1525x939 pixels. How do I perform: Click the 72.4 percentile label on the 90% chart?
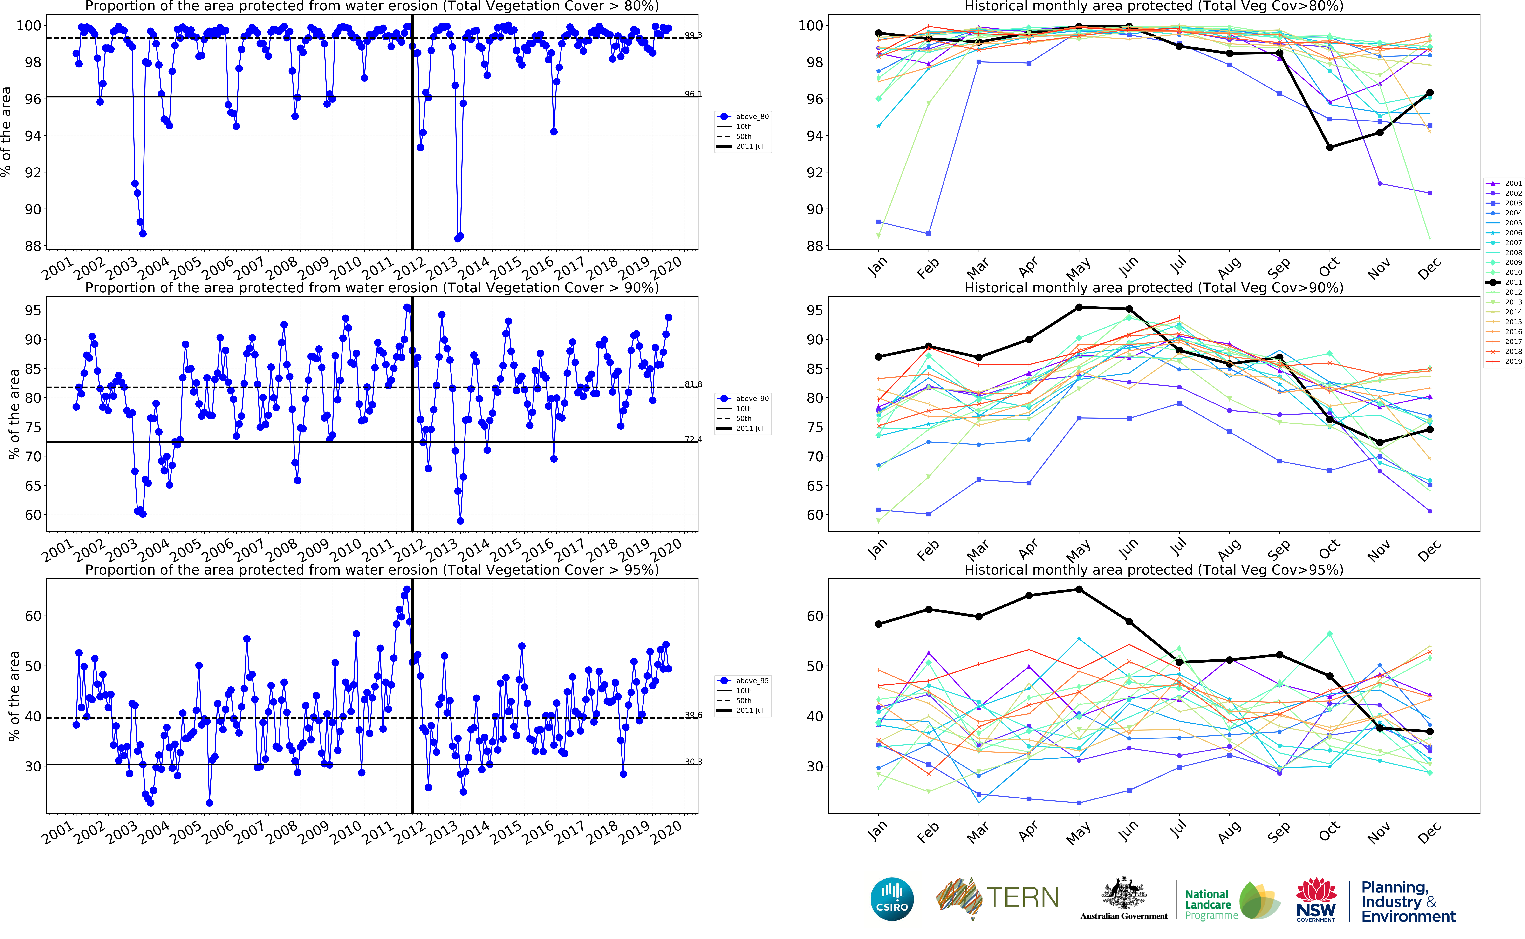tap(693, 439)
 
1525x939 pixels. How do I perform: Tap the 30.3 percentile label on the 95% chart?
tap(693, 761)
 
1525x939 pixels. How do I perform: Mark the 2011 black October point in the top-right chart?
tap(1329, 147)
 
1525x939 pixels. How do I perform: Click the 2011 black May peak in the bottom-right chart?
tap(1079, 589)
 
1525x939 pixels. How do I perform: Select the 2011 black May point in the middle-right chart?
tap(1079, 307)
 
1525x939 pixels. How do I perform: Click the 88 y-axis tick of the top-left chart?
tap(32, 246)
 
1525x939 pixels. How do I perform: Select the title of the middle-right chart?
tap(1154, 288)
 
